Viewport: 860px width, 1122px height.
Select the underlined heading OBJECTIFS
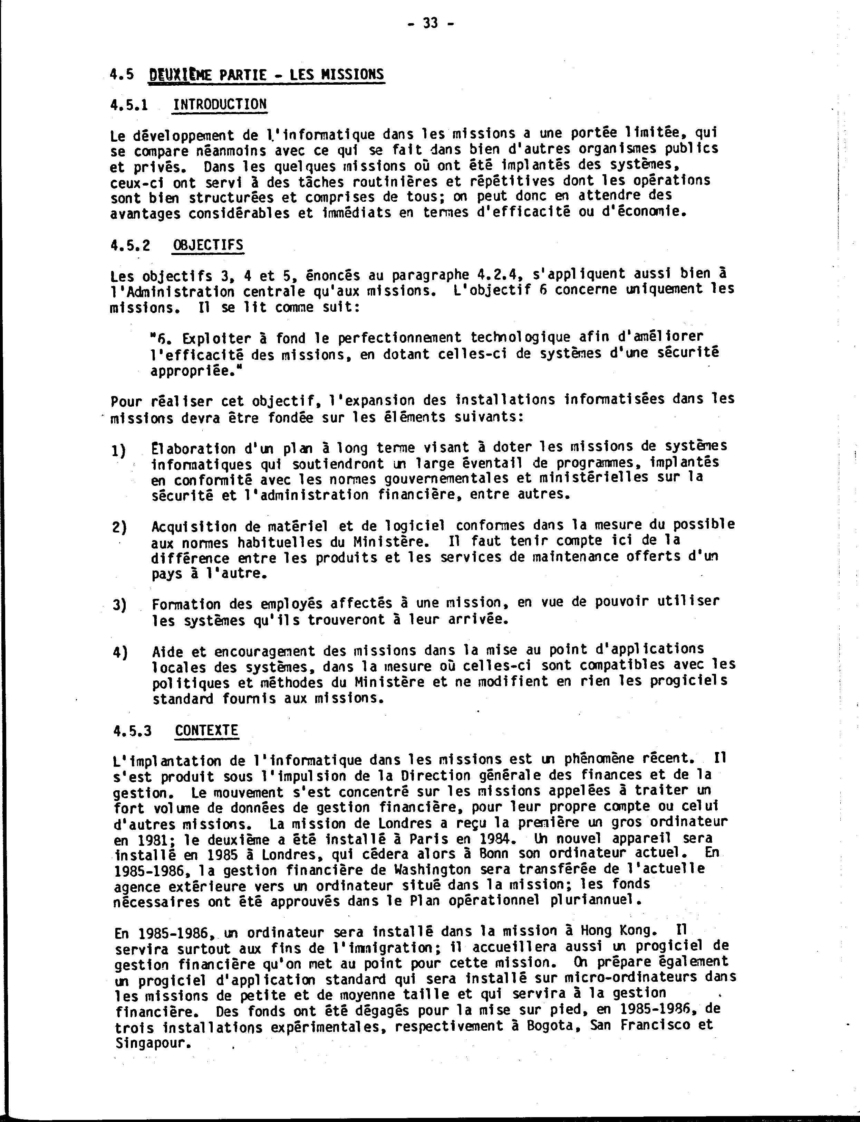coord(208,245)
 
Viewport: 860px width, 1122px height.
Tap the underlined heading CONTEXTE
coord(206,730)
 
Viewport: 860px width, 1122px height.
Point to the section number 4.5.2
coord(130,245)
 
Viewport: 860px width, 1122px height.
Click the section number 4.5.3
coord(133,730)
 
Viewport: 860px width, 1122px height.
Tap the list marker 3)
coord(120,605)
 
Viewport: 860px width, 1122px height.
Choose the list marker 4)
coord(120,653)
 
